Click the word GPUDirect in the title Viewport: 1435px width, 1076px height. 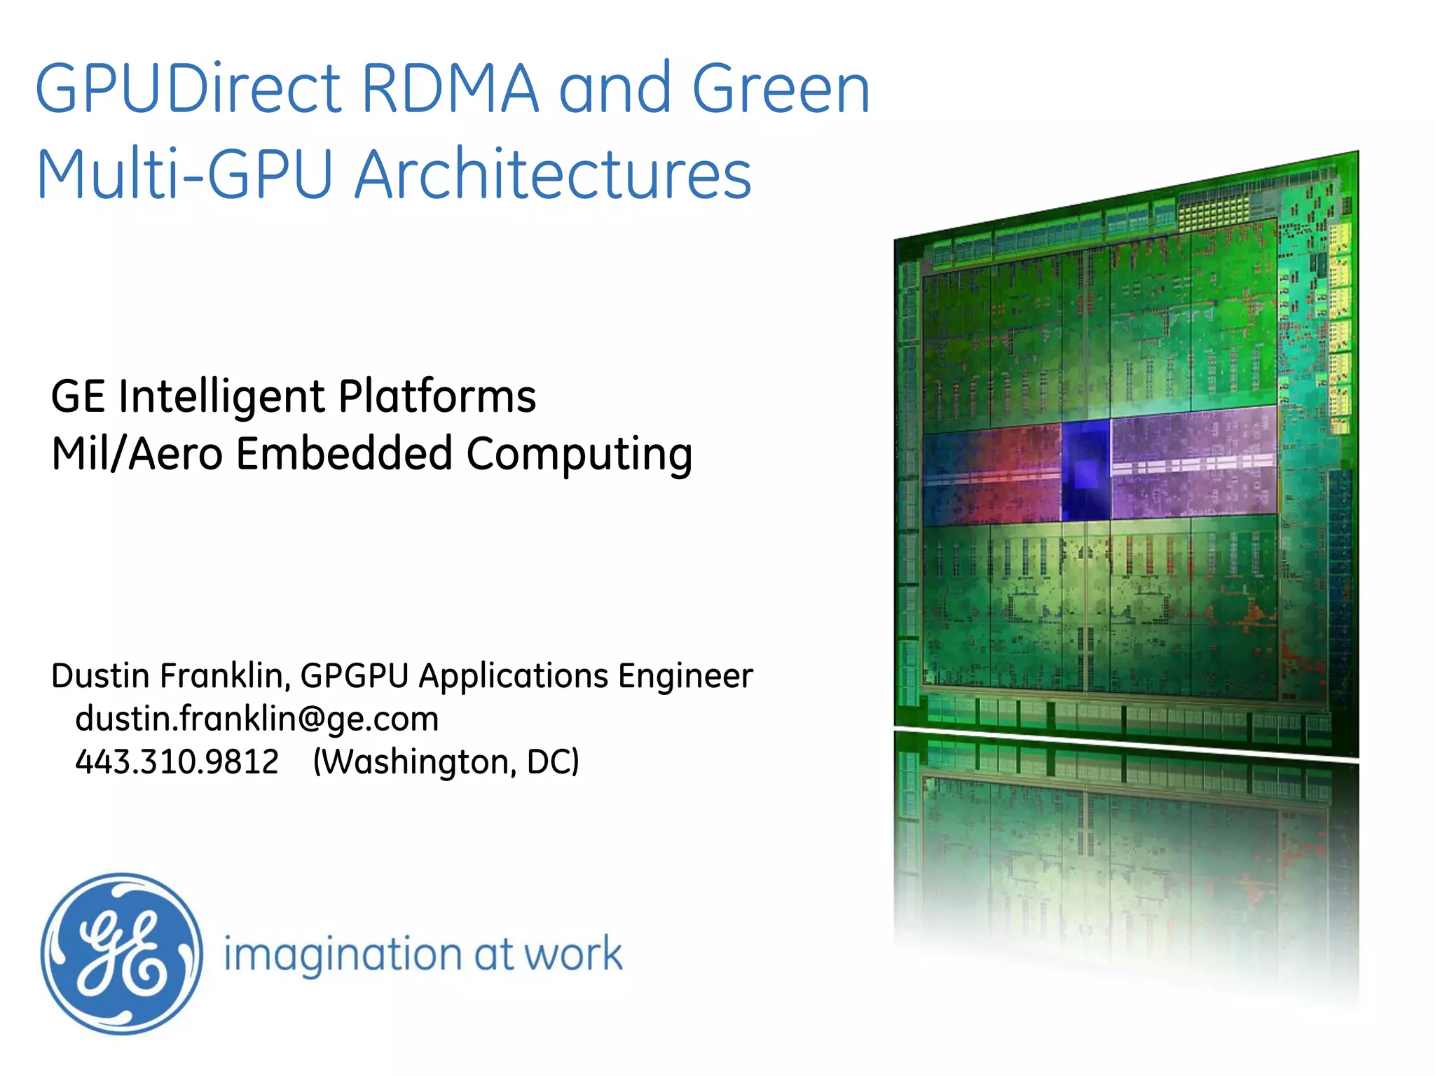(188, 89)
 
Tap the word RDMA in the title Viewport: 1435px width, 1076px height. (450, 89)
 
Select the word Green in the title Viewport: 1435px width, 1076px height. (781, 89)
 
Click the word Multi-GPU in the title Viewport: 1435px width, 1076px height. (184, 175)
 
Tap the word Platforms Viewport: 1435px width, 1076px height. (437, 396)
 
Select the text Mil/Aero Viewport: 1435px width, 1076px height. (137, 454)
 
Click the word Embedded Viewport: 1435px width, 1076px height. (343, 453)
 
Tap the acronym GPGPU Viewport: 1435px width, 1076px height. (355, 676)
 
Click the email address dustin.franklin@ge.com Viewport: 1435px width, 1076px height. (256, 719)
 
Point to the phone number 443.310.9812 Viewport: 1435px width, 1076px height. (177, 761)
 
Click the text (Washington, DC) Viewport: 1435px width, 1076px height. (446, 762)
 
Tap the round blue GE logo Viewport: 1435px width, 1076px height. (121, 953)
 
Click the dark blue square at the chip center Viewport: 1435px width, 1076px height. (1085, 470)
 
